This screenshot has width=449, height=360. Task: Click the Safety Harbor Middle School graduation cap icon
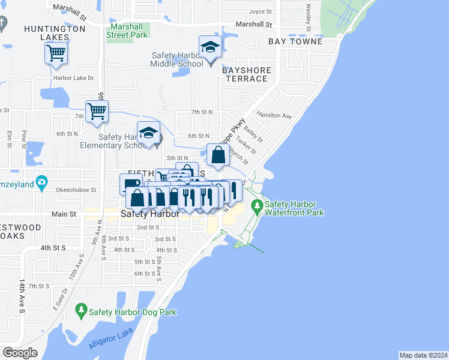click(211, 47)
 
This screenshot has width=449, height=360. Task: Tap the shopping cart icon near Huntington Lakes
click(56, 53)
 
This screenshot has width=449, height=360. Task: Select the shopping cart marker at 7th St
click(97, 111)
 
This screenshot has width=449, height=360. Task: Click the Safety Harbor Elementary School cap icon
click(149, 133)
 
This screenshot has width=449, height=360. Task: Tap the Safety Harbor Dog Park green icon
click(81, 310)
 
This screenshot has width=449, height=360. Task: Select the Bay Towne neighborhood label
click(295, 41)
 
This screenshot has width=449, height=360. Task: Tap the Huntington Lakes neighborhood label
click(55, 32)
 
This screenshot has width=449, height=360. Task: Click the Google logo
click(20, 352)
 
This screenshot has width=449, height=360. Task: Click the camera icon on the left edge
click(41, 181)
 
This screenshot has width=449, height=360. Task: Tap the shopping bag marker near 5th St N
click(218, 155)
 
